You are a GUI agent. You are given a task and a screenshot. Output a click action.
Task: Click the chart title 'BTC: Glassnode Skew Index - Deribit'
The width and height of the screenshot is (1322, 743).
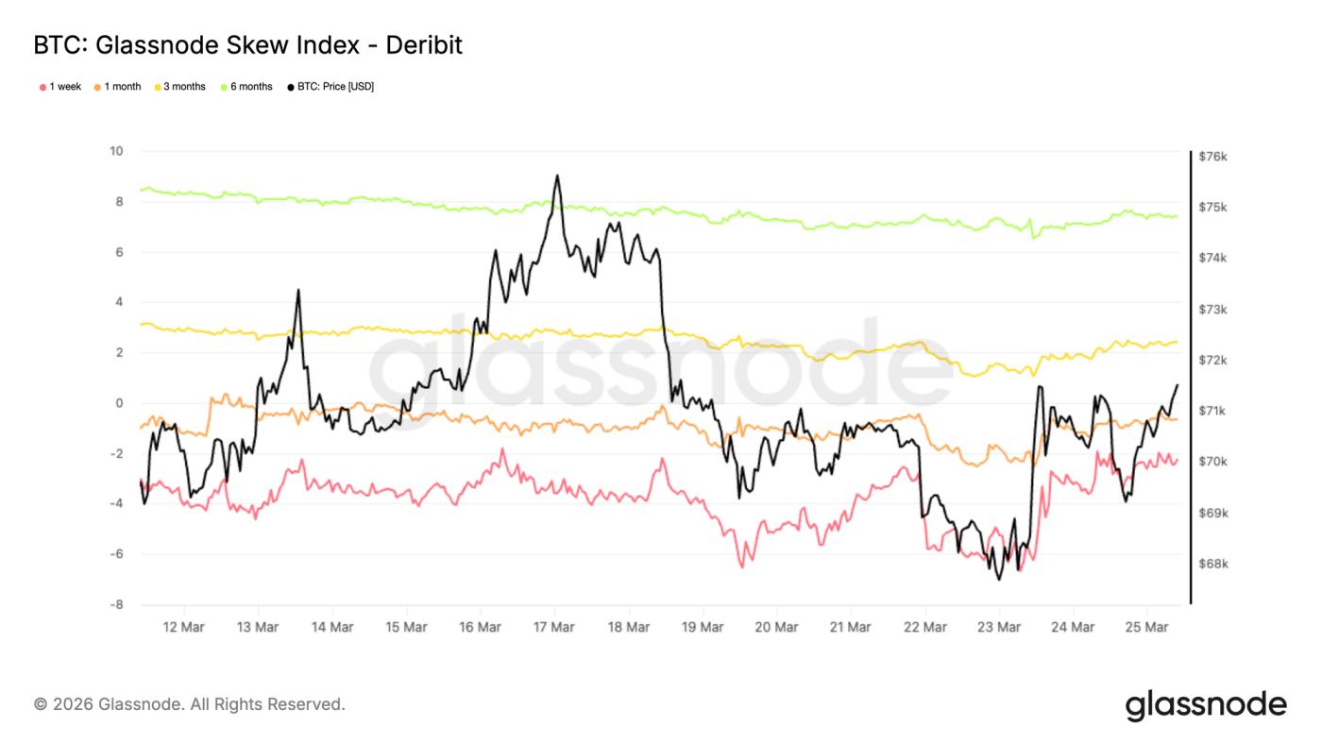point(247,45)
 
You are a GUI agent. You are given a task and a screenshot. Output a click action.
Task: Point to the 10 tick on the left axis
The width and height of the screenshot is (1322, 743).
point(117,151)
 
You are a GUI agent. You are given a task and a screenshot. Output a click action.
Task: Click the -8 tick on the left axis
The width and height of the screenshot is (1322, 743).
point(117,604)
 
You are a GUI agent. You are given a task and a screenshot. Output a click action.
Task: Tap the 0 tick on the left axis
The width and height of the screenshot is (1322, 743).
point(120,403)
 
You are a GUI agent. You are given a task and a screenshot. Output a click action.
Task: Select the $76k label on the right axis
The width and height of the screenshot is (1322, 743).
point(1212,157)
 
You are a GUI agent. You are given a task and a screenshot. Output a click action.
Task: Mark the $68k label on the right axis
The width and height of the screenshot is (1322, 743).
point(1212,565)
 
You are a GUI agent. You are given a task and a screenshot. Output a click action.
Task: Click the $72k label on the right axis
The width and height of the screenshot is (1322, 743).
point(1212,361)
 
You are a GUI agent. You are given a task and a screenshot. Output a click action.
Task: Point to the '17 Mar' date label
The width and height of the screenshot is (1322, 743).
point(553,627)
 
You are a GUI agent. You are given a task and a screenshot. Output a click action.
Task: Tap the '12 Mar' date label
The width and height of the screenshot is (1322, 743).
point(183,627)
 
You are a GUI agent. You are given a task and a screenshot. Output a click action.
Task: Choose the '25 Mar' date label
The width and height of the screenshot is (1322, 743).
point(1145,627)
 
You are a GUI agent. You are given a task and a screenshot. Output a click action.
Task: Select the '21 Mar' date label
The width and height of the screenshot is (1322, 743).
point(850,627)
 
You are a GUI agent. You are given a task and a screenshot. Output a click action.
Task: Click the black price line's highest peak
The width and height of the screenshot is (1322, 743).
point(557,176)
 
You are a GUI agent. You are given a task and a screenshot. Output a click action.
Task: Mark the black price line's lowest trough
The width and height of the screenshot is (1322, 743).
point(998,579)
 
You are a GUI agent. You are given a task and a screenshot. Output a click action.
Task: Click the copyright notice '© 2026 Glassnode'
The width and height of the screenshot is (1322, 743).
point(189,704)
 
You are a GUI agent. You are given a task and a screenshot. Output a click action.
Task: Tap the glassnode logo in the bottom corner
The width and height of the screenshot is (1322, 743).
point(1206,705)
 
